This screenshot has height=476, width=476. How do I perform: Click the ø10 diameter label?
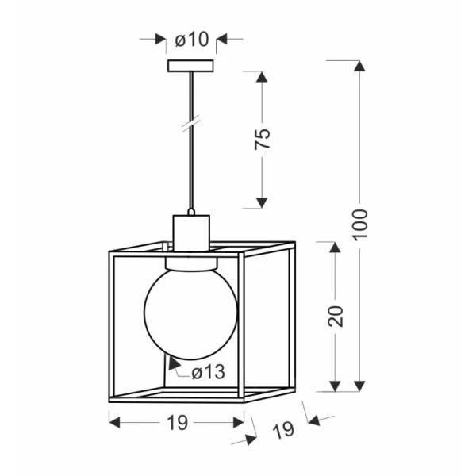coord(192,40)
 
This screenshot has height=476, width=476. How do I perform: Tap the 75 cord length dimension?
coord(263,139)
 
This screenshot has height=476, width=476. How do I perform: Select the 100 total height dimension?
coord(360,224)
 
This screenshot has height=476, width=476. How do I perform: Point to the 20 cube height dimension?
coord(336,316)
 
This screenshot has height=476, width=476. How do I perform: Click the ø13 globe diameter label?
coord(209,372)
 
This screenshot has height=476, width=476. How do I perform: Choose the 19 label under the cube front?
coord(178,422)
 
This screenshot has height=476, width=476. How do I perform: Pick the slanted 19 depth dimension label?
coord(283,429)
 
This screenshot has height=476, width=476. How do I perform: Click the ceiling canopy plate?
coord(190,66)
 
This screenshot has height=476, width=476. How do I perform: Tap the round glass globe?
coord(190,314)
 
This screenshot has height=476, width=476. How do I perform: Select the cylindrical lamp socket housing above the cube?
coord(191,232)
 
